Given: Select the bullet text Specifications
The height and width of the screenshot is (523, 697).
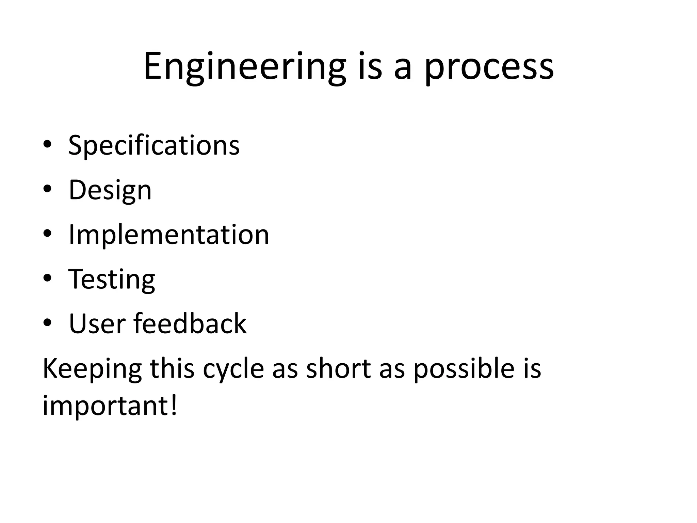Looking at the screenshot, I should click(x=154, y=145).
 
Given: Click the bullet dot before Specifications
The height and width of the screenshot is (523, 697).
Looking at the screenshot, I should click(x=47, y=144).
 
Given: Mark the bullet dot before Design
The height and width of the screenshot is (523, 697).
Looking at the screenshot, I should click(x=47, y=189).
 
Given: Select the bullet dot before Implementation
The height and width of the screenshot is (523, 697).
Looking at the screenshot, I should click(x=47, y=234).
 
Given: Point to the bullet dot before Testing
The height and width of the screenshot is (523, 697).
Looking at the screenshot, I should click(x=47, y=278).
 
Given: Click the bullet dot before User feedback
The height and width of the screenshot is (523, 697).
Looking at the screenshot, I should click(x=47, y=323).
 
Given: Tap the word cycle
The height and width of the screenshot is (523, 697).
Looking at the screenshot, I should click(x=233, y=369).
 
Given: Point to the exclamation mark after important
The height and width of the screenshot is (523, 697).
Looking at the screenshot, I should click(x=174, y=405).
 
